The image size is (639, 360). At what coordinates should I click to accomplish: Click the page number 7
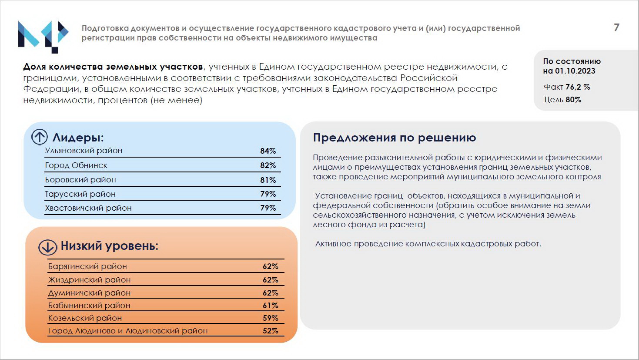616,27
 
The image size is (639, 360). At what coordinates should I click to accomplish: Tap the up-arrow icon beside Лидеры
40,137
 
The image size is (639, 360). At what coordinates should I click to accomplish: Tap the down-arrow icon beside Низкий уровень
47,247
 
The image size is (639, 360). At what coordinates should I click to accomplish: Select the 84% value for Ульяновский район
268,151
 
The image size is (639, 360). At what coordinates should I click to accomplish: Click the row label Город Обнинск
76,165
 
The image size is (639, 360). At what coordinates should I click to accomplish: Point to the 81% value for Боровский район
268,180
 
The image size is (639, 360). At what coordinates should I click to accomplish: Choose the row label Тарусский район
80,194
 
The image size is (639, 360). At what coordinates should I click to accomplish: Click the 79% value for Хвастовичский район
268,208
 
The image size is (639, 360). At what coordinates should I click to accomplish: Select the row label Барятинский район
87,266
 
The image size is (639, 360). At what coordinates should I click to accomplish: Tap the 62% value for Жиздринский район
270,280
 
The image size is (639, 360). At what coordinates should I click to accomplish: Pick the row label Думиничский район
89,293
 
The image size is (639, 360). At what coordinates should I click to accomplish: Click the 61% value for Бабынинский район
270,306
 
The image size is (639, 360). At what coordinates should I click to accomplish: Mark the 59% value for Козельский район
270,318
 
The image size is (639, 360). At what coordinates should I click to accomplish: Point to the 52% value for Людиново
270,331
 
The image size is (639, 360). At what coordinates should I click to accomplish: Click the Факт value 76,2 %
578,87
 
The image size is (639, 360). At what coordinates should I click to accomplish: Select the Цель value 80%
573,100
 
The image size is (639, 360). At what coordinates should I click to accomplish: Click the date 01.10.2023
575,71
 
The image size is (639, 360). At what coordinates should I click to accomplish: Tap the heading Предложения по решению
395,138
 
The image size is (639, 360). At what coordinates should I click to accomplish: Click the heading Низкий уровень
109,246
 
